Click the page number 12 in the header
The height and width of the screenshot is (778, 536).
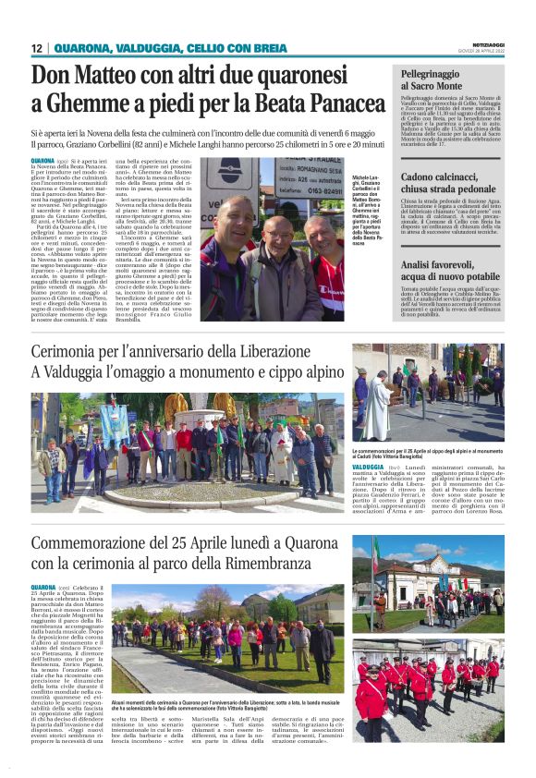point(37,48)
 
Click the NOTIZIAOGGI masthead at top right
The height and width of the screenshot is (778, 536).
point(482,44)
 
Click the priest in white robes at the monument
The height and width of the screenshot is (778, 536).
point(376,407)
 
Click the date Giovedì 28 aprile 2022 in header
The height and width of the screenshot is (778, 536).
point(482,51)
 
